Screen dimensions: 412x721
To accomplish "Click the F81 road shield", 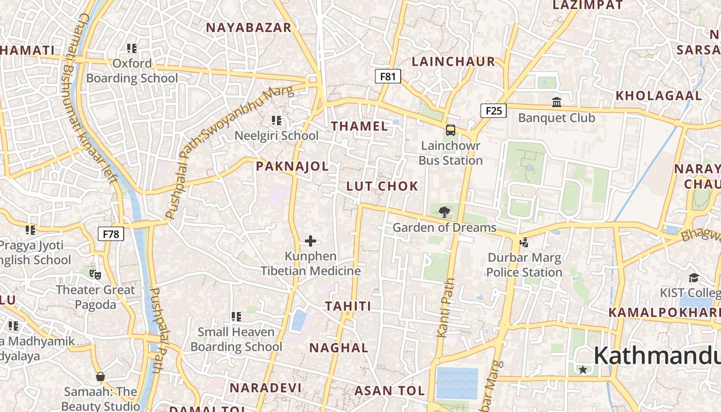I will click(387, 77).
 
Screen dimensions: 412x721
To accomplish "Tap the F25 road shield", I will click(493, 110).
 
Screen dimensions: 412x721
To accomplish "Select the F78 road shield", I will click(111, 234).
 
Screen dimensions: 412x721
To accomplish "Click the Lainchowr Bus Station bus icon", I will click(451, 130).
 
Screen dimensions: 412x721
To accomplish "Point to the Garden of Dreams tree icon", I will click(444, 212).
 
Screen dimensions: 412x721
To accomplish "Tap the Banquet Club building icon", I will click(557, 102).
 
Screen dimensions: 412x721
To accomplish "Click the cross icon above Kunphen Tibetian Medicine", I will click(311, 241).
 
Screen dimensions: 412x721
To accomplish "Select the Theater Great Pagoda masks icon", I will click(95, 274).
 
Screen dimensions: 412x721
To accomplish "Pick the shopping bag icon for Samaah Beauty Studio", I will click(100, 376).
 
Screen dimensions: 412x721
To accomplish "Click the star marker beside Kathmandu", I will click(582, 369).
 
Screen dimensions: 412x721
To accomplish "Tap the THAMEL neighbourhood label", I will click(359, 126).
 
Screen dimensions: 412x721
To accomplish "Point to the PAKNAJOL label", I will click(292, 166).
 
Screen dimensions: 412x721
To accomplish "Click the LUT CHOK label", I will click(382, 186).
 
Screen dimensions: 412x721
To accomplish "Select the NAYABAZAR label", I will click(249, 27).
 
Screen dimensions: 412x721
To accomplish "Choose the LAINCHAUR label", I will click(453, 61).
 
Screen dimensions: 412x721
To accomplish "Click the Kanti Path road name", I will click(446, 307).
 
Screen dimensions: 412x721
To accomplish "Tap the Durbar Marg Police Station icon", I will click(524, 242).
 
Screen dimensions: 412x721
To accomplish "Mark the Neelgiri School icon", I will click(277, 121).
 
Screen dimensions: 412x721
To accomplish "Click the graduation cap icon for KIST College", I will click(694, 278).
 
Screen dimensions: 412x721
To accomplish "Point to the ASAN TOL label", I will click(389, 390).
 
